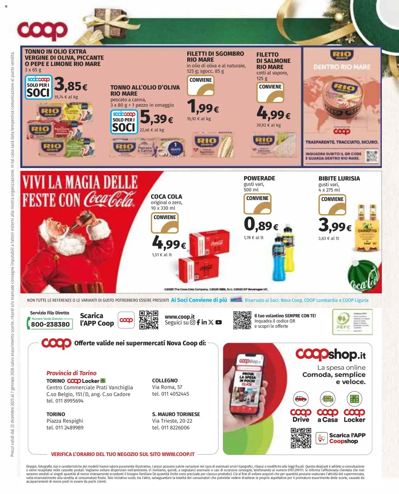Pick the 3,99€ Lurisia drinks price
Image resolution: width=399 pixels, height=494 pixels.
(335, 225)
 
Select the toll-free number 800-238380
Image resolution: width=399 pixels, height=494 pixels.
(50, 324)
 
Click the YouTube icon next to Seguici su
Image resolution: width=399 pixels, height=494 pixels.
(219, 322)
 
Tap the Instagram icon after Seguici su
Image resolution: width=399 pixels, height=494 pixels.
(193, 322)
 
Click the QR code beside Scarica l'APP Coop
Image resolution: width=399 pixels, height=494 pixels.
(149, 320)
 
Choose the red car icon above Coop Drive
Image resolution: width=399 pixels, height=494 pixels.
(301, 399)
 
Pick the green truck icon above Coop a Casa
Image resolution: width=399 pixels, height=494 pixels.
(327, 399)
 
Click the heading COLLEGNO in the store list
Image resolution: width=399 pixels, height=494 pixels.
(165, 381)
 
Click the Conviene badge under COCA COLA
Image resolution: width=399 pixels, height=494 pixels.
(165, 223)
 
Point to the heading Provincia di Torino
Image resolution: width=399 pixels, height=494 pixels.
(71, 373)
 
